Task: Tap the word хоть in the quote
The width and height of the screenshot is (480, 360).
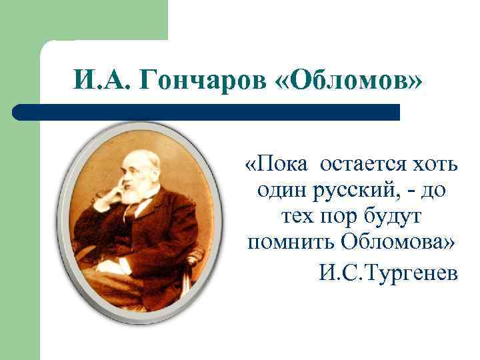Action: (x=431, y=164)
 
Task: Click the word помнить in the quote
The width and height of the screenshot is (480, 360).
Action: (x=287, y=244)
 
